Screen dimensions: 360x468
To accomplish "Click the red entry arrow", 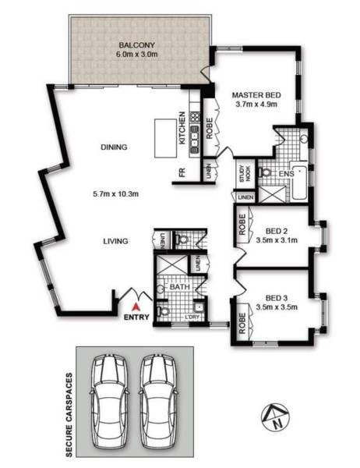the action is (x=136, y=307).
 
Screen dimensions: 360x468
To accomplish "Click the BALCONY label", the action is (x=137, y=45).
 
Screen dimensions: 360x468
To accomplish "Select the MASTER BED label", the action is (x=256, y=95).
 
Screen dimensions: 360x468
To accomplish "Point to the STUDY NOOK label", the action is (x=245, y=174).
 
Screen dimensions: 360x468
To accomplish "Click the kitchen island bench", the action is (x=165, y=138).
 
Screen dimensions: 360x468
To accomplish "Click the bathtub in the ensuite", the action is (x=298, y=182).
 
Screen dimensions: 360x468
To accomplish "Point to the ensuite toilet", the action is (x=265, y=172).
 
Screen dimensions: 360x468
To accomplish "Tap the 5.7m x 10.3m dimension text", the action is (x=116, y=194).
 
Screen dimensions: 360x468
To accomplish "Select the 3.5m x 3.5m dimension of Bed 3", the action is (x=277, y=307).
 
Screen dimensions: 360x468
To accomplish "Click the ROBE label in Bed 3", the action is (x=242, y=323).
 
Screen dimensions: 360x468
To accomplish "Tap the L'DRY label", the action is (x=192, y=317).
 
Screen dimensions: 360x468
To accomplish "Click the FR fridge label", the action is (x=182, y=172).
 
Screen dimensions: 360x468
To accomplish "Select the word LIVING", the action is (x=115, y=241).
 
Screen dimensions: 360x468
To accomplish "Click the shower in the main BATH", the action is (x=171, y=264).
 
